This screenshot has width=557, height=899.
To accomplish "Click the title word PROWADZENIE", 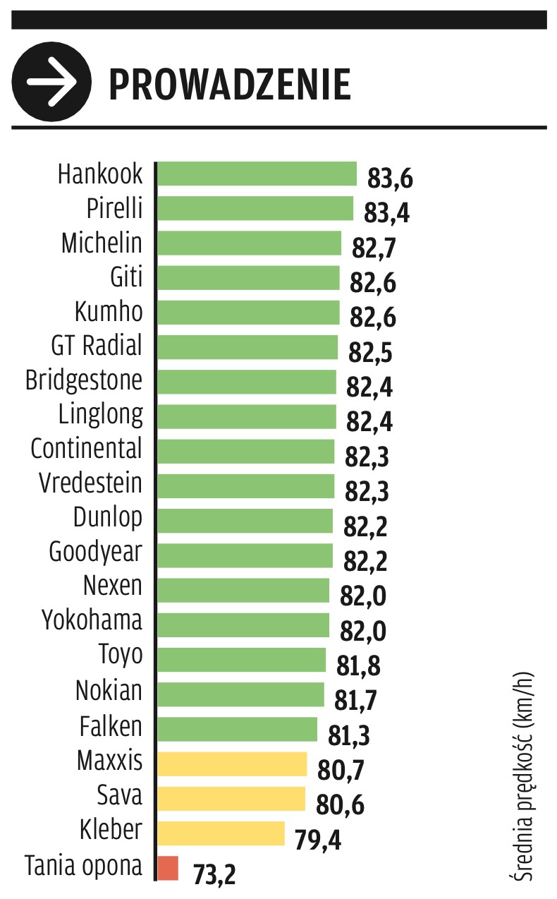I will point(229,84).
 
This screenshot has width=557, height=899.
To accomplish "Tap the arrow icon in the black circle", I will point(51,81).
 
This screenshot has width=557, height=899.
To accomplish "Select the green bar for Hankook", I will point(257,174).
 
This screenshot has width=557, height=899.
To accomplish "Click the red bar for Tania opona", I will point(169,867).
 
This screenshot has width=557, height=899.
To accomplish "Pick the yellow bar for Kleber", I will point(221,833).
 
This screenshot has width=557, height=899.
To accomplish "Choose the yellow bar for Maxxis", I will point(232,764).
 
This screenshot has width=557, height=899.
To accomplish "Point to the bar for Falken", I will point(237,729).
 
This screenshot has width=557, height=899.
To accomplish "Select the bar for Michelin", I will point(249,243).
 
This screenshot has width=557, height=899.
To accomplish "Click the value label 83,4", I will point(386,212).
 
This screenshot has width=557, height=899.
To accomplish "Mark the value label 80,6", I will point(341,806).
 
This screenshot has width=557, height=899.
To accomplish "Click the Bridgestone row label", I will point(84,380).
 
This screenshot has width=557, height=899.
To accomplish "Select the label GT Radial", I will point(97,346).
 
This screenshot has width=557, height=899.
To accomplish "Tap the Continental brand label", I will point(86,449).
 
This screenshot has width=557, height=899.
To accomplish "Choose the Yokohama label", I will point(92,620).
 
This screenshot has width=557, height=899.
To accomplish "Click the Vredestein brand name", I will point(90,483).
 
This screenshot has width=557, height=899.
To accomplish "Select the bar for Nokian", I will point(240,694).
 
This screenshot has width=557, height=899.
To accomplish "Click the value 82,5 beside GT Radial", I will point(371,352).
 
